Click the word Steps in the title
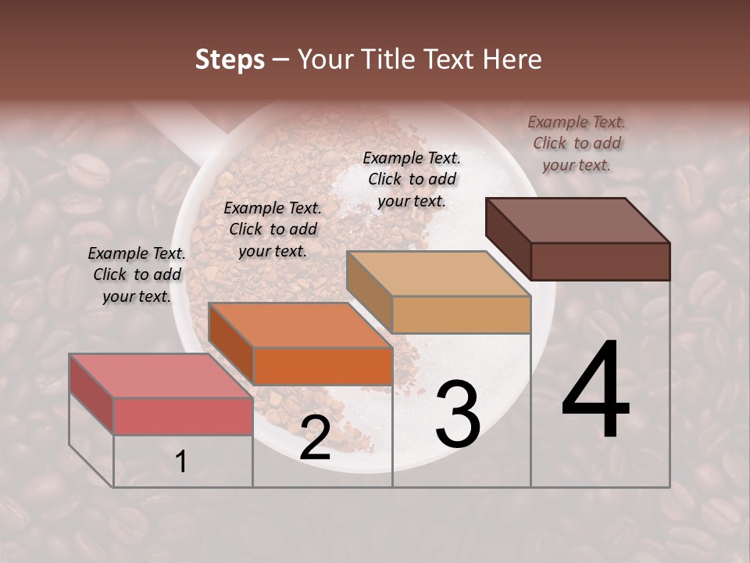pos(230,59)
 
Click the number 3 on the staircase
pos(458,414)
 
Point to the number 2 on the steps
pos(315,438)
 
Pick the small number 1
pos(181,461)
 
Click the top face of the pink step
pos(160,375)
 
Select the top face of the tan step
pos(438,274)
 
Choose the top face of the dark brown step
pos(578,220)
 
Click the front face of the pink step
pos(183,416)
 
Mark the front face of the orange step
pos(323,366)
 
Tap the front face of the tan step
pos(461,314)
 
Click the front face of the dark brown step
pos(600,261)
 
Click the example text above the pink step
pos(137,274)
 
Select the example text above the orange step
pos(273,229)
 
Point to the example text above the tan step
pos(412,179)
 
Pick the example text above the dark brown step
pos(577,143)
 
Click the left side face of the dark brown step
pos(508,238)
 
